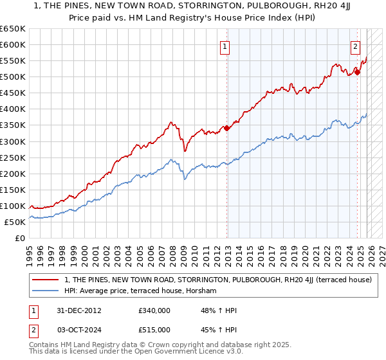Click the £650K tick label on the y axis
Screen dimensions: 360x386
12,29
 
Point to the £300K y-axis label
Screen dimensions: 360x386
12,141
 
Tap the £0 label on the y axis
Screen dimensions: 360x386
19,238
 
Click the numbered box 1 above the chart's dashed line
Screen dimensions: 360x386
225,46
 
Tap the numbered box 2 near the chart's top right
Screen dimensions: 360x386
355,46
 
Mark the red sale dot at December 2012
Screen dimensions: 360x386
226,128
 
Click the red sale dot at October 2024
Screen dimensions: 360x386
358,72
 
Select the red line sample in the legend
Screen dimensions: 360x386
46,280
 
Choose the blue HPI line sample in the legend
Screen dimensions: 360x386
46,291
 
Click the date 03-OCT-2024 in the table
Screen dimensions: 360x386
75,331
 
